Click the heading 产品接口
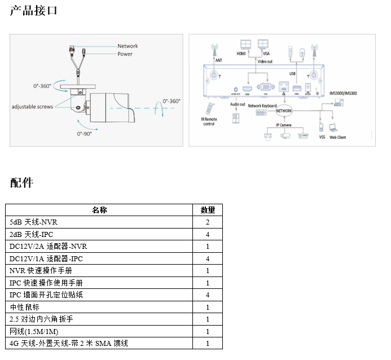33,10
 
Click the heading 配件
22,182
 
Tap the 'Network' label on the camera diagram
128,46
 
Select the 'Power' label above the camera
125,54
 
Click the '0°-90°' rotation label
84,134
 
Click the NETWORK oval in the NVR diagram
284,110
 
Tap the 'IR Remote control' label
209,121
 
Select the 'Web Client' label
338,137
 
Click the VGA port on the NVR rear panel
263,87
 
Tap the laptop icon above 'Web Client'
333,128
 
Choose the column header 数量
208,210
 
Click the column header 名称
99,210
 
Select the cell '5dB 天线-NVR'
33,222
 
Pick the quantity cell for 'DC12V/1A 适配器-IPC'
208,258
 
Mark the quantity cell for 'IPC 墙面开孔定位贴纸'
208,295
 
